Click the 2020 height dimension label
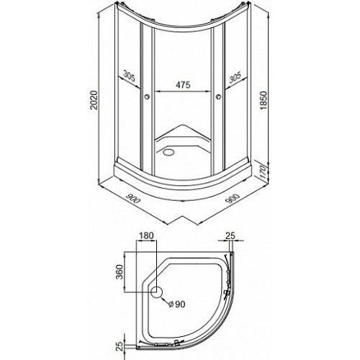pos(94,100)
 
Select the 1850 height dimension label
pos(264,100)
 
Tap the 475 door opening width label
pos(183,84)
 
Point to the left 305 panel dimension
pos(130,76)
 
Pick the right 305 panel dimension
pos(235,77)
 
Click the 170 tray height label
pos(263,171)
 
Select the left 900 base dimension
pos(133,198)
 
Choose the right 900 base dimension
pos(233,198)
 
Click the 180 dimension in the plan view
pos(146,235)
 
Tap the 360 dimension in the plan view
pos(120,272)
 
